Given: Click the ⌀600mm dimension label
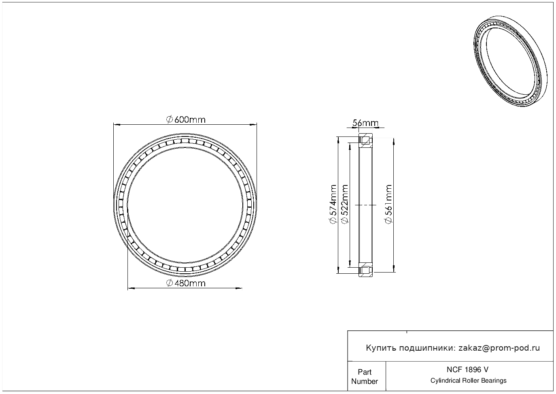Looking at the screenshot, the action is pyautogui.click(x=186, y=120).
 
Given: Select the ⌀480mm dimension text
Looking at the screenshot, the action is pyautogui.click(x=186, y=283).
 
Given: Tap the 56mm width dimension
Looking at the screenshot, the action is pyautogui.click(x=365, y=123).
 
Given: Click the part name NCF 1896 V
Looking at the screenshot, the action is pyautogui.click(x=468, y=370).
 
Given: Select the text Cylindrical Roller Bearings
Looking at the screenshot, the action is pyautogui.click(x=468, y=381).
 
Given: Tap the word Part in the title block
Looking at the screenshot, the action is pyautogui.click(x=365, y=372).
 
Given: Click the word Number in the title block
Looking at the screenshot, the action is pyautogui.click(x=365, y=381).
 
